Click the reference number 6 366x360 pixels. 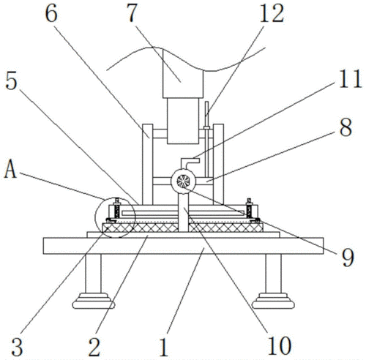point(51,14)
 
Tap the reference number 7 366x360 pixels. point(132,14)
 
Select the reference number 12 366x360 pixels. point(272,14)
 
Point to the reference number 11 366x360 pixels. point(350,78)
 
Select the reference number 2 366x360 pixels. point(94,348)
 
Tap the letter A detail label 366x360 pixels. point(10,168)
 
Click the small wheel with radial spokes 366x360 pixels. point(183,181)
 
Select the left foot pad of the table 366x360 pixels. point(94,301)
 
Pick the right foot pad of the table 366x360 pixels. point(273,301)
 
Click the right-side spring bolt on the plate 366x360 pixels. point(250,209)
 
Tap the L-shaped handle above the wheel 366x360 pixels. point(190,163)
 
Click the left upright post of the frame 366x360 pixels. point(148,164)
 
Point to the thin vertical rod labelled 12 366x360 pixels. point(207,139)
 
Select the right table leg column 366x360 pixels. point(273,274)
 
